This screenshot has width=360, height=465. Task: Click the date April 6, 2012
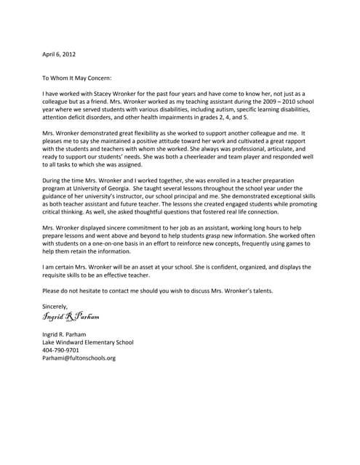(x=59, y=54)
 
